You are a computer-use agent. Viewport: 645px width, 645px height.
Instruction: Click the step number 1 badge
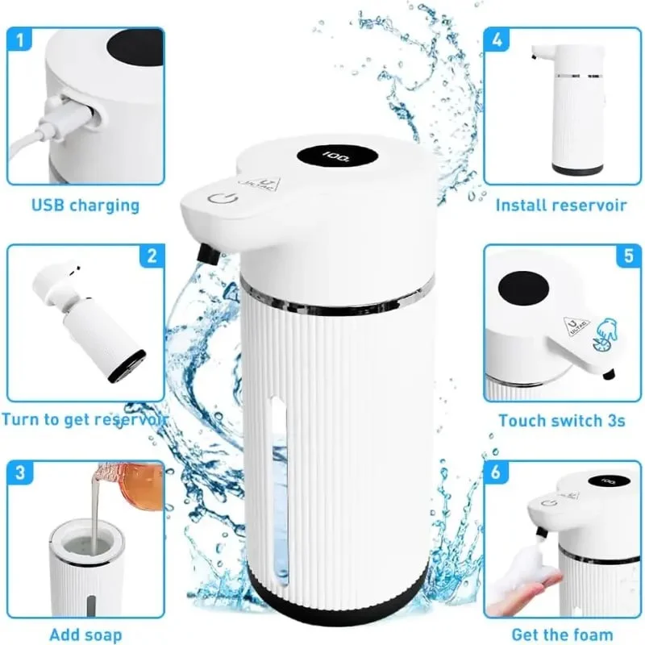pos(19,40)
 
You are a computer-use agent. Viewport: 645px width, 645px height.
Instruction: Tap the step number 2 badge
pos(152,256)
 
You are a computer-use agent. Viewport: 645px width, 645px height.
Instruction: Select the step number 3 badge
pos(19,472)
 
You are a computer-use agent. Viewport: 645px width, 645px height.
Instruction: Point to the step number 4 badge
pos(497,40)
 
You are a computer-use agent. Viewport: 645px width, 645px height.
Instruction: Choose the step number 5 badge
pos(629,256)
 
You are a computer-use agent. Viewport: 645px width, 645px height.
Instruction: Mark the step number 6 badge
pos(497,472)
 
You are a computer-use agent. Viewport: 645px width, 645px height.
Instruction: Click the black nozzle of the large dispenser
pos(208,255)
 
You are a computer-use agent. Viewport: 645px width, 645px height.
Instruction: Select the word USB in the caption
pos(48,205)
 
